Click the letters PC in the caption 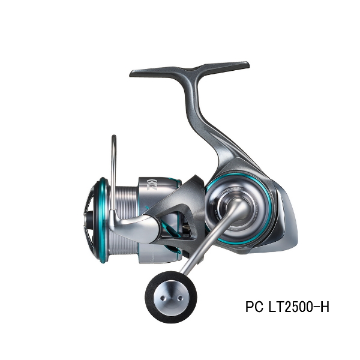point(254,307)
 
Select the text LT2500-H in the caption point(299,307)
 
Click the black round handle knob point(171,297)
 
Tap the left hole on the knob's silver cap point(163,298)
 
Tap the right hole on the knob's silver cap point(181,298)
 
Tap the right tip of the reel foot point(248,65)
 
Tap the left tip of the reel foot point(131,73)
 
